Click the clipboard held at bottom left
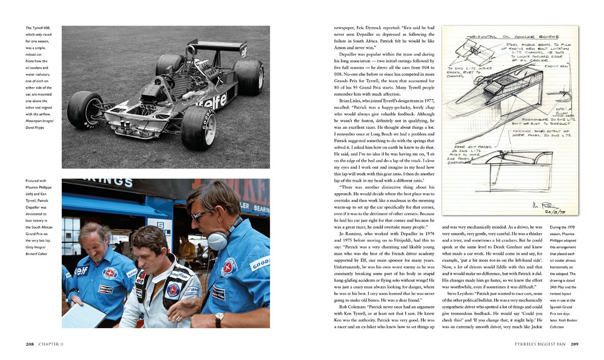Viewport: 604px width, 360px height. click(83, 315)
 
